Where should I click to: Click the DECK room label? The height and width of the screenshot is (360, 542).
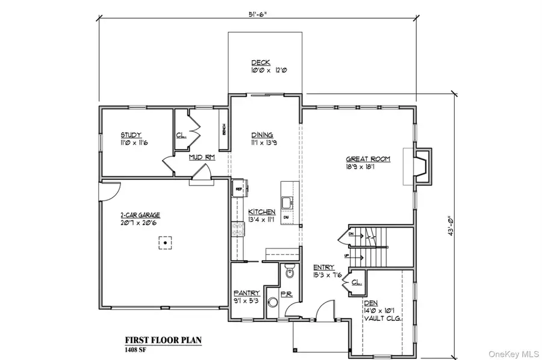pos(261,63)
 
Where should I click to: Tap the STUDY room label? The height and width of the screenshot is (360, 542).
pos(130,135)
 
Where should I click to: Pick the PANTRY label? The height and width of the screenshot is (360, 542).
pos(246,293)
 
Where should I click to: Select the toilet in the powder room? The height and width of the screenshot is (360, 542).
pos(290,273)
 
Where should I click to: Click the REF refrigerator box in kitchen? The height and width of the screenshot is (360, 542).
pos(238,187)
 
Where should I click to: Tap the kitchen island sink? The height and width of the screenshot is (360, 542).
pos(287,201)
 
